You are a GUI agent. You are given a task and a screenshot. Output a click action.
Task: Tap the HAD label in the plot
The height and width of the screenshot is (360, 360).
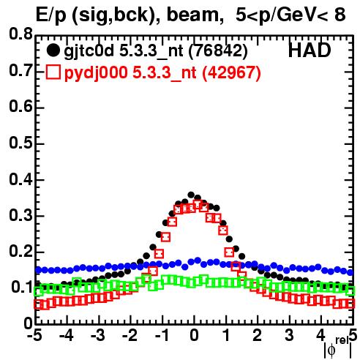(310, 50)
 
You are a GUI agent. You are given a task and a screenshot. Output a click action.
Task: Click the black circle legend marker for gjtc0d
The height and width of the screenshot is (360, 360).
(53, 50)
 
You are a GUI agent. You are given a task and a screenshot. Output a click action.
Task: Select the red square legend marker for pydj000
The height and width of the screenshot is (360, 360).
(53, 72)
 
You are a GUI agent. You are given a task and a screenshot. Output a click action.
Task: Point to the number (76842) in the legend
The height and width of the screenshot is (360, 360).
(218, 51)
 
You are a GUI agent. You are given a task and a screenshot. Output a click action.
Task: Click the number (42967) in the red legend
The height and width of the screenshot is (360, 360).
(232, 72)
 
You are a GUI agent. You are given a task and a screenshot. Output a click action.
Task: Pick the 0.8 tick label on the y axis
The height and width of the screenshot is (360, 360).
(20, 34)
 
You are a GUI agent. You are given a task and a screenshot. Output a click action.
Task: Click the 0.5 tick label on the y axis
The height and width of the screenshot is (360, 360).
(20, 143)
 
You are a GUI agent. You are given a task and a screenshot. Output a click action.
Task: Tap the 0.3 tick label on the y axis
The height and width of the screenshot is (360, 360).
(20, 215)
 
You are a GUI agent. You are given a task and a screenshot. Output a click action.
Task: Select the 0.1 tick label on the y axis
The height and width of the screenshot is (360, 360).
(22, 288)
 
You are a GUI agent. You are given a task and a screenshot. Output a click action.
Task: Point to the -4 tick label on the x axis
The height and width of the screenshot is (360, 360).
(67, 335)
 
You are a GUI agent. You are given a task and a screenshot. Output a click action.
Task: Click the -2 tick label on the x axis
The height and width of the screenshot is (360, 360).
(130, 335)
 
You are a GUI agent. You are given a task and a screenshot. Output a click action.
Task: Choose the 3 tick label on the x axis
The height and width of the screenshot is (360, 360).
(289, 335)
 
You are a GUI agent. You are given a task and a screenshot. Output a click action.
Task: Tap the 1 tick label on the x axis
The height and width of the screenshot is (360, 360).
(226, 335)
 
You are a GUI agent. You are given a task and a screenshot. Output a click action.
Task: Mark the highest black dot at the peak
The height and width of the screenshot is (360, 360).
(191, 195)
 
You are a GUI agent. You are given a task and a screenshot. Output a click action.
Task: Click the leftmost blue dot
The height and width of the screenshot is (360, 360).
(38, 270)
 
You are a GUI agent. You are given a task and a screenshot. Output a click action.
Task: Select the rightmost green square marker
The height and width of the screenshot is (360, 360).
(350, 291)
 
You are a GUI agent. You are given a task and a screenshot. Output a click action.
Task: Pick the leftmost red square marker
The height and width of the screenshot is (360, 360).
(38, 304)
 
